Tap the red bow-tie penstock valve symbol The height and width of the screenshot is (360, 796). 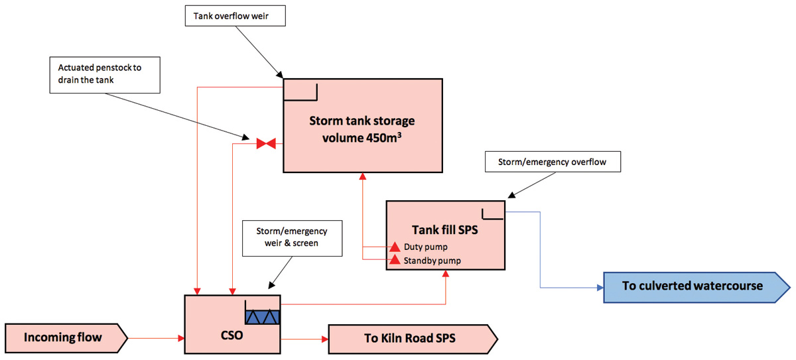coord(267,143)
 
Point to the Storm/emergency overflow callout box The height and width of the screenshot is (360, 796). coord(553,162)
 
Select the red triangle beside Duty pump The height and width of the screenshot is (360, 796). coord(395,247)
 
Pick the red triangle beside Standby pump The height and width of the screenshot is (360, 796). coord(395,260)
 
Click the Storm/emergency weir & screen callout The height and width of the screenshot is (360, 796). coord(292,238)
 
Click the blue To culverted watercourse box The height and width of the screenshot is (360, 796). coord(694,286)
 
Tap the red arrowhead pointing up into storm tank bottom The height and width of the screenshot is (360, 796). coord(363,177)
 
